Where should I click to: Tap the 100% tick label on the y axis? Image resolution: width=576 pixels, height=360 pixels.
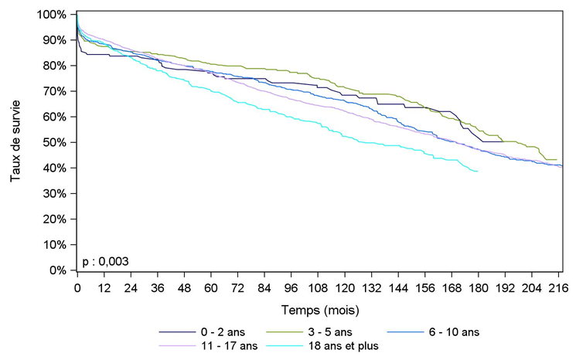(x=54, y=15)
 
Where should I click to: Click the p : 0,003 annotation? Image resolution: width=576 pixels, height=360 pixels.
(x=106, y=261)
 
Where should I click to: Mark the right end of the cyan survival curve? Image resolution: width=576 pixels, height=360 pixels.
(x=478, y=172)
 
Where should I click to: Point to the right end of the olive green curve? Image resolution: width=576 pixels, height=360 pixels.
(x=557, y=160)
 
